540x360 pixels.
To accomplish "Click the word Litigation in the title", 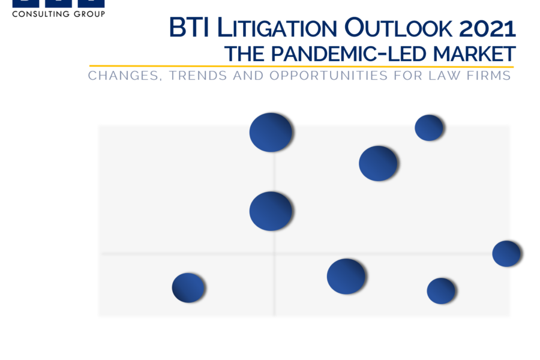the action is pos(277,28).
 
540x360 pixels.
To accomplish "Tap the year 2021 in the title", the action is pos(487,28).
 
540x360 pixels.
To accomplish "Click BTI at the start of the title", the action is pos(189,27).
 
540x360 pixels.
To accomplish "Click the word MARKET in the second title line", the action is pos(474,54).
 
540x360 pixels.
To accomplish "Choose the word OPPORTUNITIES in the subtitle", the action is pos(329,76).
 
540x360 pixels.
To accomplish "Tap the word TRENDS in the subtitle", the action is pos(198,76).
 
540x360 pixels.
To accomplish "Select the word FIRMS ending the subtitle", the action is pos(488,76).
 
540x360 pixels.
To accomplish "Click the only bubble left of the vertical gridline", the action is pos(188,287).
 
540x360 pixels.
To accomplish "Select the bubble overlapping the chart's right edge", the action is pos(506,254).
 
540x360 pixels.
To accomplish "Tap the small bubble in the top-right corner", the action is pos(429,128).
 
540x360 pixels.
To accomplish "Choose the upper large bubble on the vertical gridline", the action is pos(271,132).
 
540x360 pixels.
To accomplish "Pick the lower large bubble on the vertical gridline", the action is pos(271,211).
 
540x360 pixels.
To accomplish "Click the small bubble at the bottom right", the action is pos(441,291).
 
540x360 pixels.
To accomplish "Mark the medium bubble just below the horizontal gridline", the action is pos(346,277).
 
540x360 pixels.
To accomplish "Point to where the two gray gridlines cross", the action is pos(274,254).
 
